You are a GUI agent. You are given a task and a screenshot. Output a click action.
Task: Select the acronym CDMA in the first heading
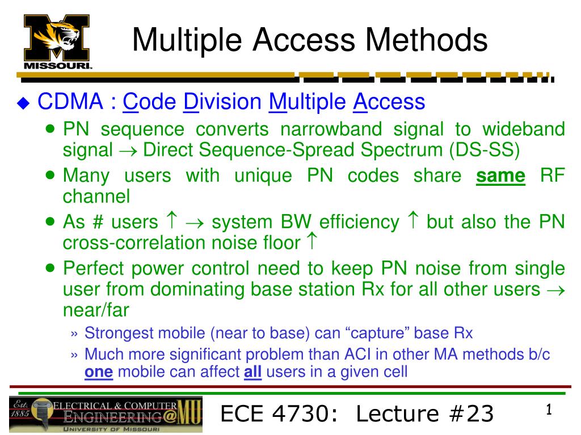pos(69,103)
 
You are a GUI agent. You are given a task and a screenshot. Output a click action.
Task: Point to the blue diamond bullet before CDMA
pos(23,103)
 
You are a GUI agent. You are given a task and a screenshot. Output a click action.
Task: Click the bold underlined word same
pos(500,176)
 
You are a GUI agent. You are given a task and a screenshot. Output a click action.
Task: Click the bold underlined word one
pos(99,373)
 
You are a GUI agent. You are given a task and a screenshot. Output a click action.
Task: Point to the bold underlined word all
pos(252,373)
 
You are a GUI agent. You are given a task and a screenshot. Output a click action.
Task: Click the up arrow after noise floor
pos(311,242)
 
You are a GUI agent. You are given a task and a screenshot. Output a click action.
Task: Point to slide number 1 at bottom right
pos(549,410)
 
